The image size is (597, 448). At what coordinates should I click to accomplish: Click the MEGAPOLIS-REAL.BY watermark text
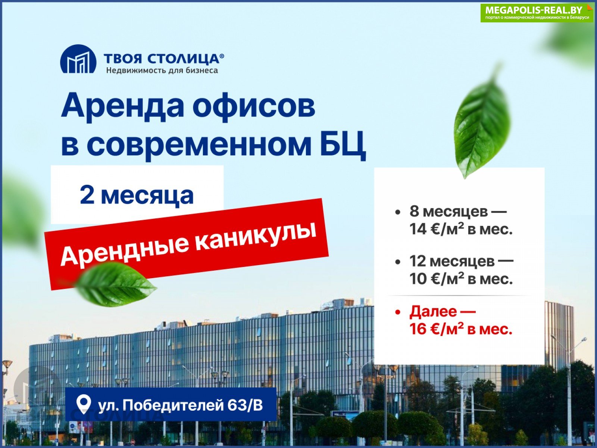coord(534,10)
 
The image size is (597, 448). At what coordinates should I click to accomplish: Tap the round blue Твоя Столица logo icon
coord(78,59)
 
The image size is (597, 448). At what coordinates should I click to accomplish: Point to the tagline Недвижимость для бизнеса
coord(162,71)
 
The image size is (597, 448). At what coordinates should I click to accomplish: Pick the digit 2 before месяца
coord(87,195)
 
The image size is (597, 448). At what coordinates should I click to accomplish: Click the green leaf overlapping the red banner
coord(116,284)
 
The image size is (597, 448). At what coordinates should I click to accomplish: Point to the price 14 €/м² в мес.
coord(461,229)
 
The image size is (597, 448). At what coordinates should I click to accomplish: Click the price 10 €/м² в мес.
coord(461,279)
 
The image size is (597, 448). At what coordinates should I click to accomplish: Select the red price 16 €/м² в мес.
coord(461,329)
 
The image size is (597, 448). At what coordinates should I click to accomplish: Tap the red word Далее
coord(433,311)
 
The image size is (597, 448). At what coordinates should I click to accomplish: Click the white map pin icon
coord(83,404)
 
